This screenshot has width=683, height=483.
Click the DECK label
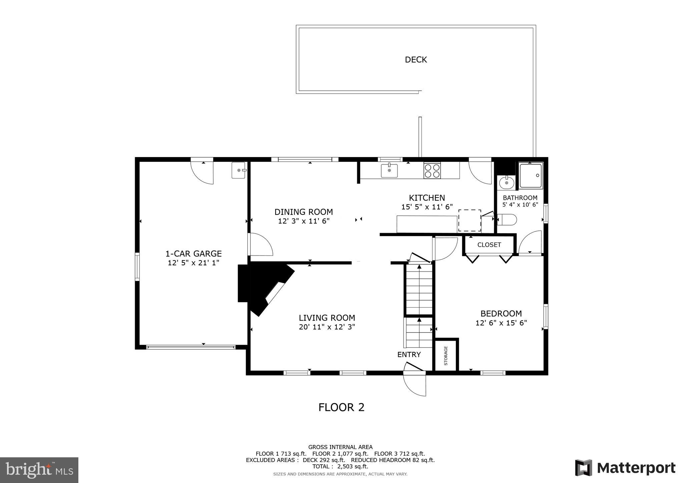pyautogui.click(x=416, y=60)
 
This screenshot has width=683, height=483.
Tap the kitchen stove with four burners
pyautogui.click(x=432, y=170)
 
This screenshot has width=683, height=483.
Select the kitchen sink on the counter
pyautogui.click(x=389, y=170)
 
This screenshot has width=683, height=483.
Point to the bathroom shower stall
pyautogui.click(x=530, y=175)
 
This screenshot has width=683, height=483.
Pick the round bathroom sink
pyautogui.click(x=507, y=182)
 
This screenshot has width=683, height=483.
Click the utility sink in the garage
pyautogui.click(x=238, y=170)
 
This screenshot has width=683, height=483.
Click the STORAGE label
pyautogui.click(x=446, y=356)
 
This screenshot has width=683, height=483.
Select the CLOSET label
pyautogui.click(x=489, y=245)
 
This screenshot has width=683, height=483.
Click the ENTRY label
pyautogui.click(x=409, y=355)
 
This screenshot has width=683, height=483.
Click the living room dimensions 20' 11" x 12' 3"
pyautogui.click(x=327, y=327)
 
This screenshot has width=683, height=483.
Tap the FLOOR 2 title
pyautogui.click(x=341, y=407)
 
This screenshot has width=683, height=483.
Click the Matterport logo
pyautogui.click(x=625, y=468)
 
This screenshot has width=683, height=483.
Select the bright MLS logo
pyautogui.click(x=39, y=470)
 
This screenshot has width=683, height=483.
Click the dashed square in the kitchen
pyautogui.click(x=470, y=220)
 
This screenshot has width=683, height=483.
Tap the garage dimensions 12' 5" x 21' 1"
pyautogui.click(x=193, y=263)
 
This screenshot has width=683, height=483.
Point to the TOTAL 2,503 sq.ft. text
pyautogui.click(x=340, y=466)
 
